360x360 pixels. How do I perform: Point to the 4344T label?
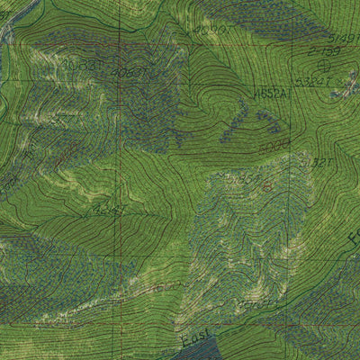click(x=108, y=211)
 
